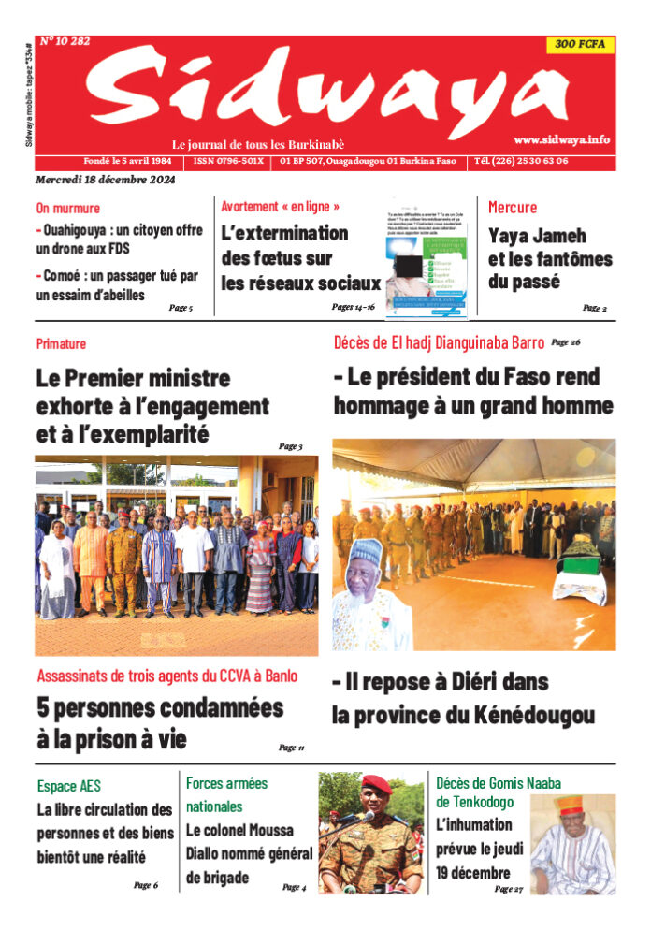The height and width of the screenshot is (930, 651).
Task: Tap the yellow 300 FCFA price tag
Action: click(579, 44)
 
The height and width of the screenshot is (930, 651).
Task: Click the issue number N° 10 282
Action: click(65, 41)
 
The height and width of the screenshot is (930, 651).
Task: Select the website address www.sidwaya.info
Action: click(561, 139)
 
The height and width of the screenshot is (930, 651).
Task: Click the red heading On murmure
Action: click(68, 208)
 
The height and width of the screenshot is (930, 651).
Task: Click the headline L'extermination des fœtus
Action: click(283, 233)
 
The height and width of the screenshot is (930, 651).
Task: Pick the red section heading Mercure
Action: click(513, 207)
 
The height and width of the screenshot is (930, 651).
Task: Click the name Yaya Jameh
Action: click(537, 237)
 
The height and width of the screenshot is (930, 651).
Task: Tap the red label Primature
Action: click(62, 344)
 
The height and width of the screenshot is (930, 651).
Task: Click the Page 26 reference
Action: click(566, 342)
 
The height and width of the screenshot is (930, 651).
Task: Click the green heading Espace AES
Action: click(69, 786)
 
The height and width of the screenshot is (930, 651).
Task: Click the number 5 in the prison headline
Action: click(44, 707)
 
